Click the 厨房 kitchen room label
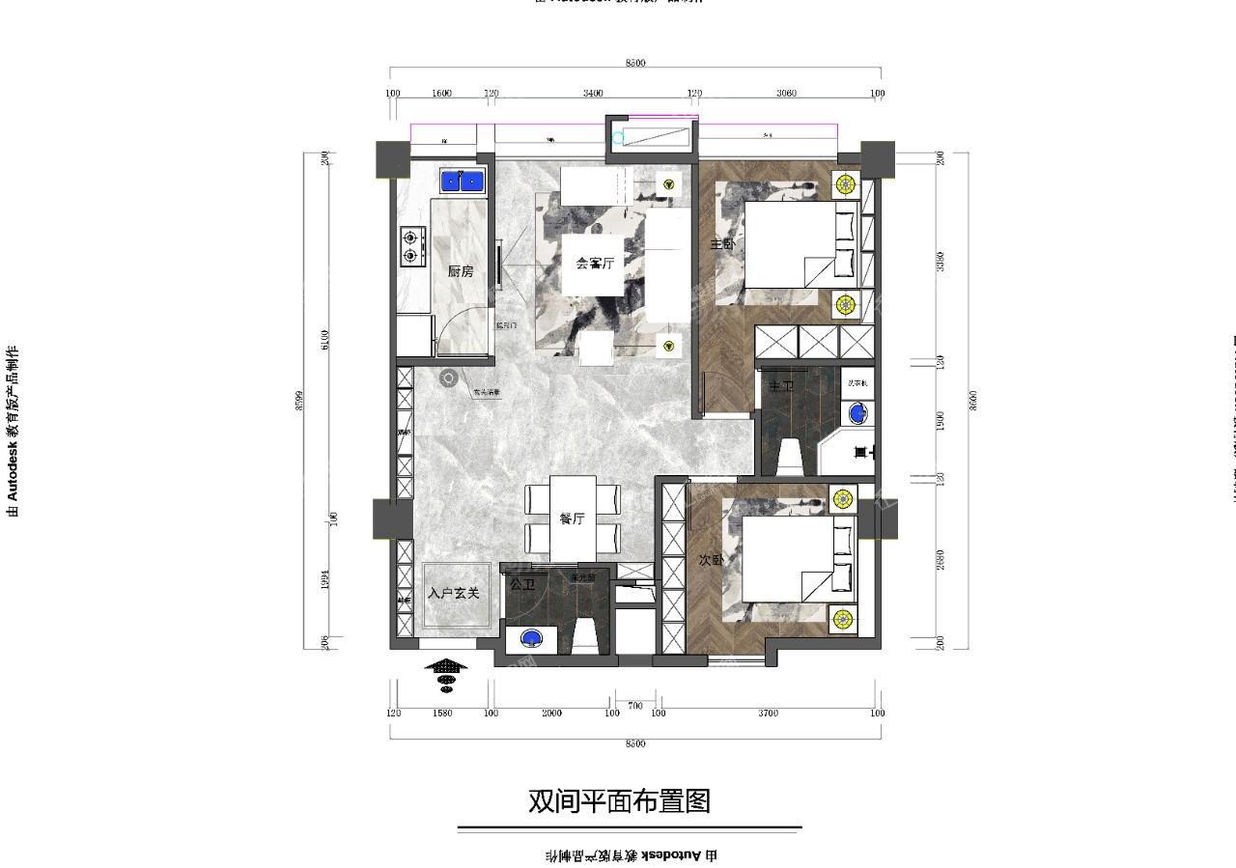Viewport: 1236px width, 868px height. tap(461, 272)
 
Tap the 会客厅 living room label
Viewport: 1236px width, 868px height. tap(595, 263)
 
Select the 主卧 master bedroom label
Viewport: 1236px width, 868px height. tap(722, 244)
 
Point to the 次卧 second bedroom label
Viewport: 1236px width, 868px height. tap(711, 560)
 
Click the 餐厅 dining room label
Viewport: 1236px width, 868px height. tap(573, 518)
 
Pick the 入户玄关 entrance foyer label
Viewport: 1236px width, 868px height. tap(453, 593)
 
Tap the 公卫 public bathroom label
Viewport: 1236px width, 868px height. tap(522, 584)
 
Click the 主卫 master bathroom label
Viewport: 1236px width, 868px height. tap(780, 386)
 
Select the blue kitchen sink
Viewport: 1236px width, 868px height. tap(462, 181)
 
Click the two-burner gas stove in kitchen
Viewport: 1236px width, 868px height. tap(413, 246)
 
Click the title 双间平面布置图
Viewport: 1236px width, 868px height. tap(619, 801)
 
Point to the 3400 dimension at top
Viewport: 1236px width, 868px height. tap(593, 94)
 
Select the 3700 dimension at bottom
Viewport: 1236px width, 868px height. tap(768, 714)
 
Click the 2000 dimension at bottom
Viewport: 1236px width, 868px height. tap(551, 714)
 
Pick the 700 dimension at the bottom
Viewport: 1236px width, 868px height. tap(634, 706)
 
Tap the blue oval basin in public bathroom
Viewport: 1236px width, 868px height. tap(530, 637)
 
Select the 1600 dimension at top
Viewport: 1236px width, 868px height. tap(441, 94)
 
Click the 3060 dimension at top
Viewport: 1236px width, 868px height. tap(786, 94)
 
